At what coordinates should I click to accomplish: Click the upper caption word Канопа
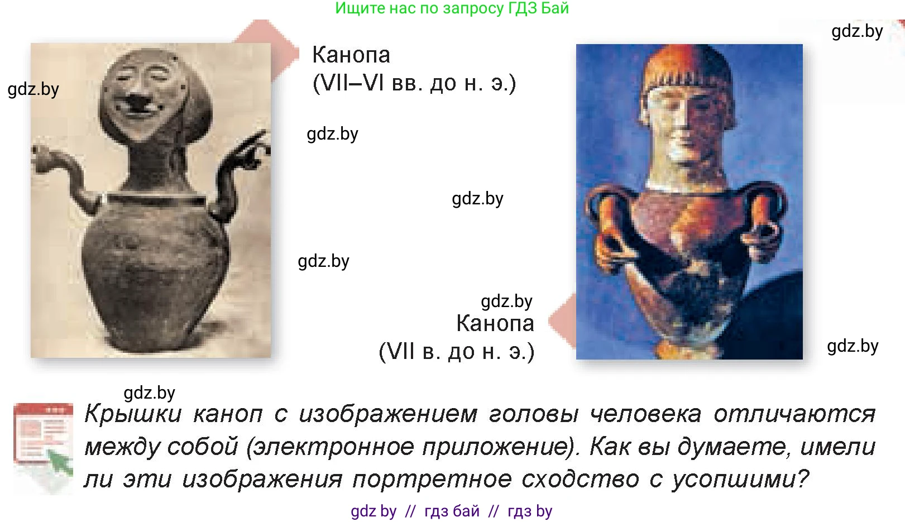[351, 55]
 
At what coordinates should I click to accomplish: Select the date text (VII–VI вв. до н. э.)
[414, 83]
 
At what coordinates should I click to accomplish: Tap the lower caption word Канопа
[495, 323]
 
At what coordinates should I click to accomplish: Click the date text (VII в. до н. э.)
[457, 352]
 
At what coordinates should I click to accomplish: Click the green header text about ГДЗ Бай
[452, 8]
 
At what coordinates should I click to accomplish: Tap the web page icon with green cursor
[44, 447]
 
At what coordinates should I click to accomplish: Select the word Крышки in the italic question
[133, 414]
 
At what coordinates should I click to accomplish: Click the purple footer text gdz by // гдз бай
[451, 511]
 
